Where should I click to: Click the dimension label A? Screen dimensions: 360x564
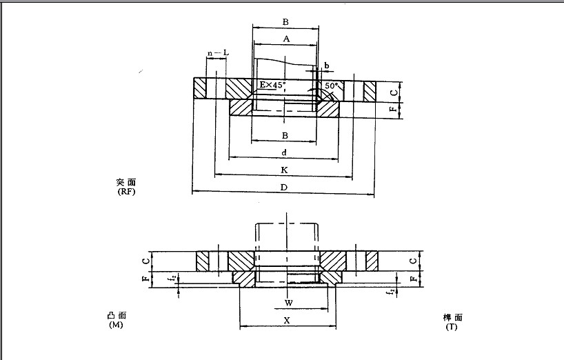[x=285, y=39]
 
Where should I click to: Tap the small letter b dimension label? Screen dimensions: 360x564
[x=326, y=66]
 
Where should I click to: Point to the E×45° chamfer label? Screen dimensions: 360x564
[x=272, y=85]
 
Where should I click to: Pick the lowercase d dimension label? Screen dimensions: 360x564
[x=284, y=152]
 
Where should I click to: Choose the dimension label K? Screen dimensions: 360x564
[x=284, y=170]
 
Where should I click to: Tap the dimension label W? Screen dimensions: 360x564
[x=288, y=303]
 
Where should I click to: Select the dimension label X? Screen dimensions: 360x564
[x=286, y=321]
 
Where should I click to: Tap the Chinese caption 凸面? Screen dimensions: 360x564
[x=117, y=315]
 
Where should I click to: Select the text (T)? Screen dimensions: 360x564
[x=452, y=327]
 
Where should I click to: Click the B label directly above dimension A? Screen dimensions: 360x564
[x=285, y=22]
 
